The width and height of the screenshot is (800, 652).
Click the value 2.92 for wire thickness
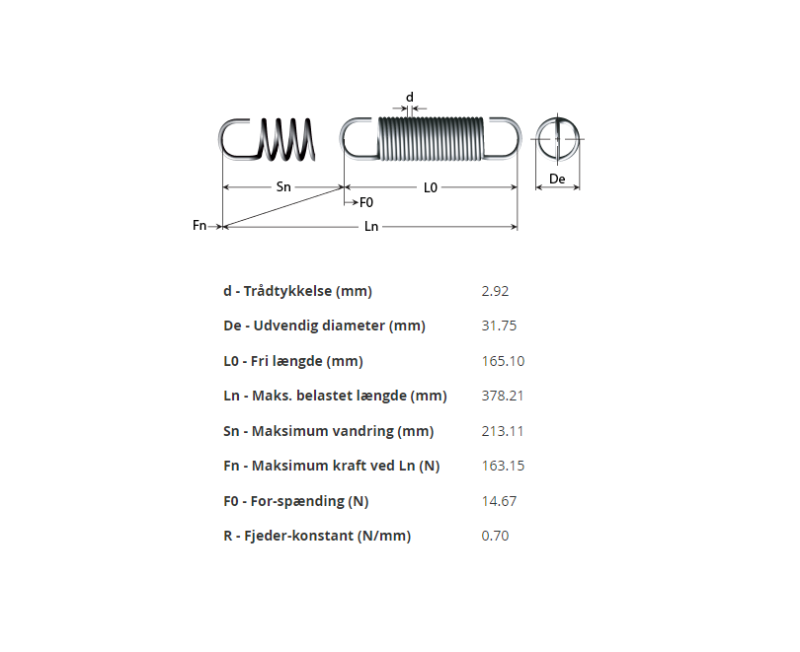495,291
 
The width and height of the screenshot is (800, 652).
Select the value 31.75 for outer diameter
499,326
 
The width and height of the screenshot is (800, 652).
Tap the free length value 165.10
503,361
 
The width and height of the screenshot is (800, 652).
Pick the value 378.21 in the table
503,396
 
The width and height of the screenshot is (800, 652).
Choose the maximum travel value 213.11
503,431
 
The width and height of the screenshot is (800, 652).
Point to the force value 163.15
503,466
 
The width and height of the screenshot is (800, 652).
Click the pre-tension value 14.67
499,501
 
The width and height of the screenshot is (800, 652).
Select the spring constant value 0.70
495,536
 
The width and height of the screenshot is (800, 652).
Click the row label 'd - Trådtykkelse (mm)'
297,291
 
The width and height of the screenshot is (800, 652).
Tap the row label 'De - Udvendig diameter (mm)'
324,326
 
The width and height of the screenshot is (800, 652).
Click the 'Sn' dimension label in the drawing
283,186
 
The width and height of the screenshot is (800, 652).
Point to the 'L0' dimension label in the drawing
431,186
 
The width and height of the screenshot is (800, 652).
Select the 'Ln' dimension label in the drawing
371,227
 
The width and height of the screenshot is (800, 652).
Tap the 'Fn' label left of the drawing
200,226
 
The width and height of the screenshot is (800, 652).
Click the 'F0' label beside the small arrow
366,202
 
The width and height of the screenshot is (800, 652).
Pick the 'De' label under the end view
558,179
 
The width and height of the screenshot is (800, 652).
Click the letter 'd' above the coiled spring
410,97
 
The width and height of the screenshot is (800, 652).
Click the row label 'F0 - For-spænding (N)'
295,501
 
